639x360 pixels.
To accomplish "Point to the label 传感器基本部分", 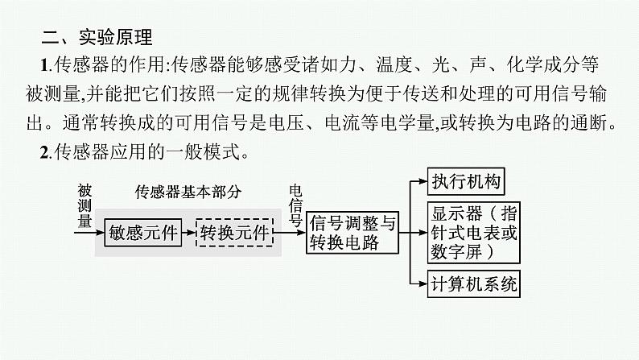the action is [188, 192].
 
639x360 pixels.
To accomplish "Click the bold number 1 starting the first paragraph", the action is [44, 65].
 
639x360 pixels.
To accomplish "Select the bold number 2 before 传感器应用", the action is [44, 151].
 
